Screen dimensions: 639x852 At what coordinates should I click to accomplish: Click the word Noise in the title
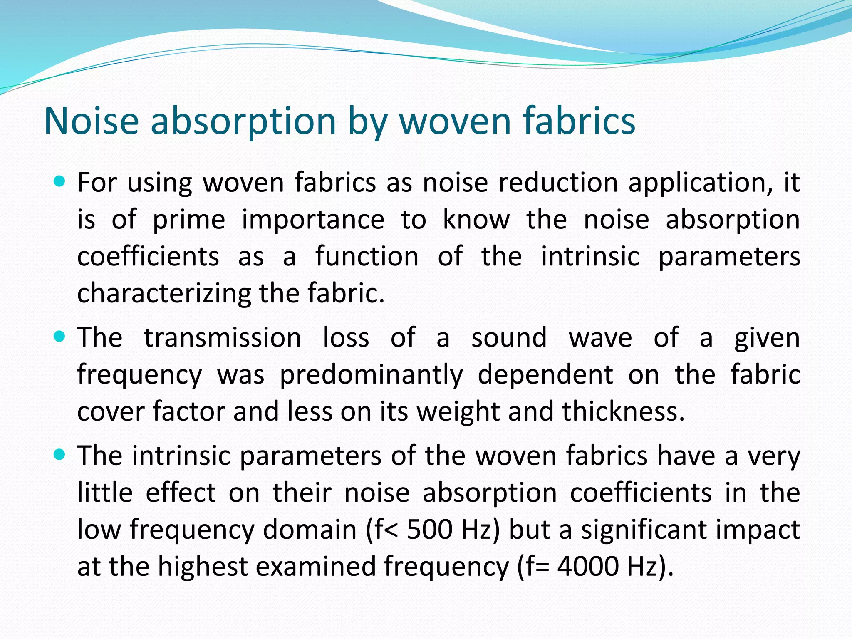point(91,121)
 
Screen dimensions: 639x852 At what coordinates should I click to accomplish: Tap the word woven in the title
point(455,121)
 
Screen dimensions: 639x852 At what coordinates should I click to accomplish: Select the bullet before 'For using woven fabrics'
point(60,181)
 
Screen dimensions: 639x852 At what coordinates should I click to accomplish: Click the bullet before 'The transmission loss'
point(60,337)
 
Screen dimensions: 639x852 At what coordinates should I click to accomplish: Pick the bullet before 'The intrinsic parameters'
point(60,455)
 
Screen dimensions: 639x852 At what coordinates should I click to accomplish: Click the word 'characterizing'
point(164,293)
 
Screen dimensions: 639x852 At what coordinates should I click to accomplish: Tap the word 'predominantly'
point(371,374)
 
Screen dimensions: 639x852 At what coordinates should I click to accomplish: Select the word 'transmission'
point(223,337)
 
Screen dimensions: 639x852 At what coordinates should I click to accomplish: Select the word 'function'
point(367,256)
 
